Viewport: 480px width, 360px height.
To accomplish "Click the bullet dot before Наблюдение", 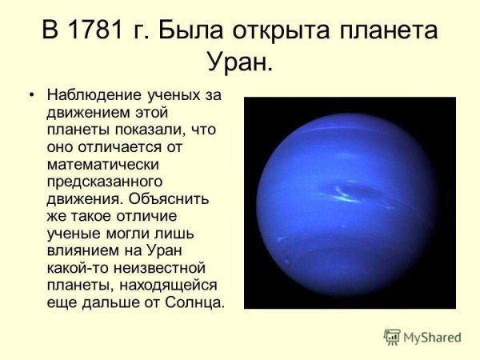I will [32, 96].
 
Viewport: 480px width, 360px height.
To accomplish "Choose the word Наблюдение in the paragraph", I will [94, 96].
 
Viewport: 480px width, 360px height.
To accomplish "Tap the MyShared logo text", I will [432, 337].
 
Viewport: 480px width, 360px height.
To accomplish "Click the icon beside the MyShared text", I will [392, 336].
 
